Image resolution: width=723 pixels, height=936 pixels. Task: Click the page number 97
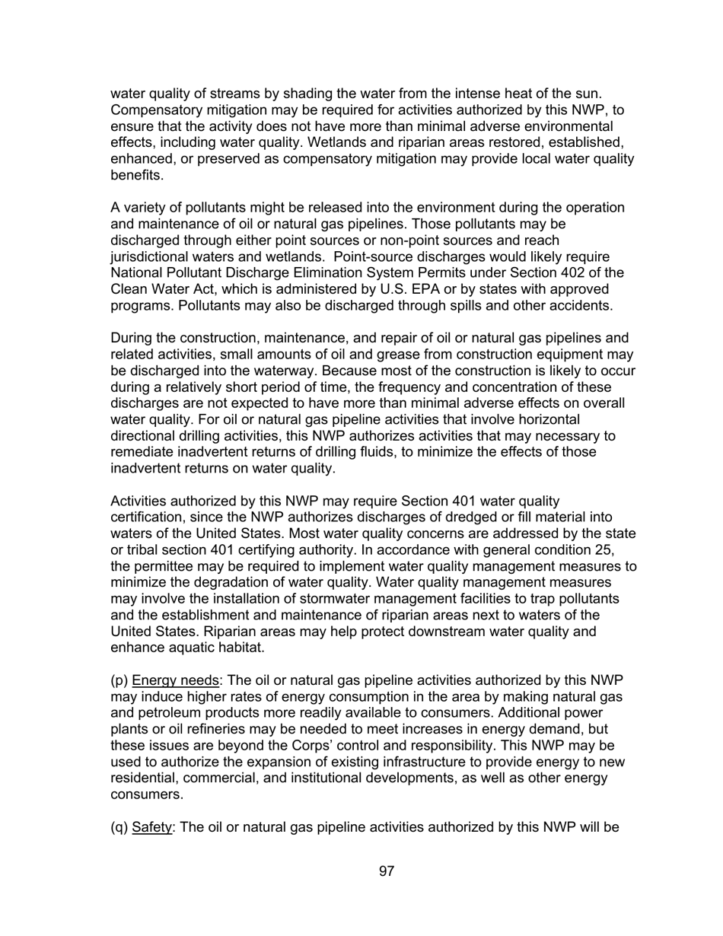[x=387, y=871]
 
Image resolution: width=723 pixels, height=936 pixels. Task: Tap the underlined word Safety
[x=152, y=827]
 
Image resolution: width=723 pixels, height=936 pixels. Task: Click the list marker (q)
[x=119, y=827]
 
